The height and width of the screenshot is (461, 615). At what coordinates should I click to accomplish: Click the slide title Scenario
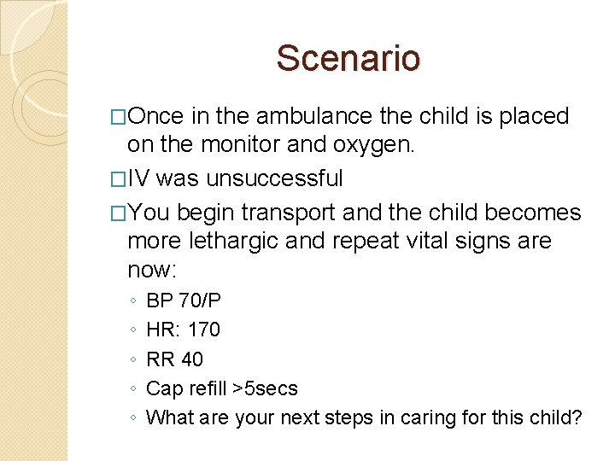(x=348, y=58)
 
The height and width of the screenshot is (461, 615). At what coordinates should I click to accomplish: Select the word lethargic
(x=237, y=242)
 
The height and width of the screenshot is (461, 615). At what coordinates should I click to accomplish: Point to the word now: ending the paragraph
(x=152, y=271)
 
